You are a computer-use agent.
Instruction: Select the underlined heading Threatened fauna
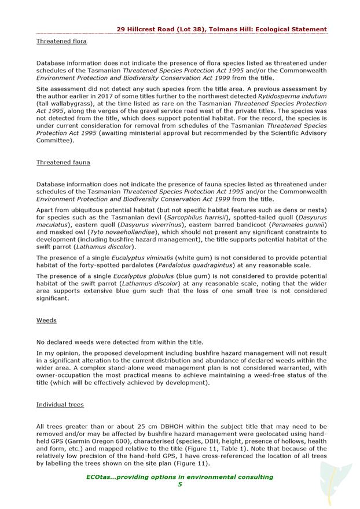(x=63, y=163)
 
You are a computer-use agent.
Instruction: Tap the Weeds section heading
(x=46, y=320)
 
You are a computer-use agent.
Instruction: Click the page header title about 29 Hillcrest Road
(x=221, y=29)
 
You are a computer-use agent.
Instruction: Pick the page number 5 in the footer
(x=179, y=485)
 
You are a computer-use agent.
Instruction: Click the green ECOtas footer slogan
(x=179, y=477)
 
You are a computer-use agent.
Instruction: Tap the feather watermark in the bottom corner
(x=334, y=484)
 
